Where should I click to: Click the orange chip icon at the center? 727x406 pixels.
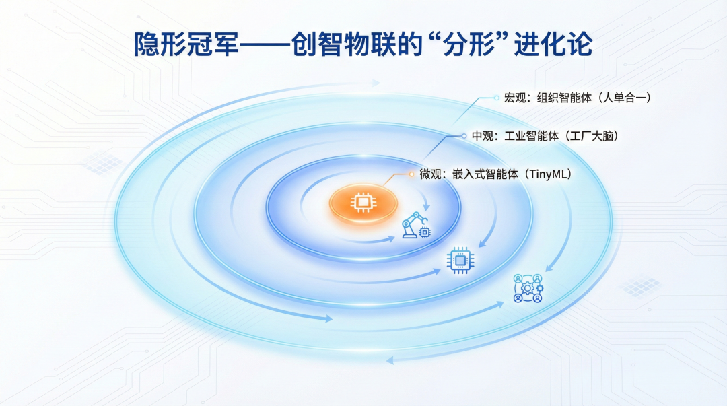point(363,202)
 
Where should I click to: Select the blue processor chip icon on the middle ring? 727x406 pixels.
point(460,261)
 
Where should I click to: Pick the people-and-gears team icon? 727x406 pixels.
point(528,288)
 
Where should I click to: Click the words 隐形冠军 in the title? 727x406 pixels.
point(186,44)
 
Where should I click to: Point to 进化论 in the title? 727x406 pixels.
point(553,44)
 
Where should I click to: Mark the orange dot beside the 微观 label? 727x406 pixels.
point(411,174)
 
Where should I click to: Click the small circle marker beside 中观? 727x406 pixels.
point(464,136)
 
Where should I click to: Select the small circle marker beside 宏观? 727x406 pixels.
point(497,98)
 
